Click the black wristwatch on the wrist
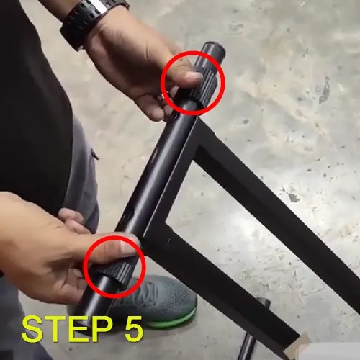click(92, 19)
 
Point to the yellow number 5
click(129, 328)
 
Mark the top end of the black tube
click(213, 50)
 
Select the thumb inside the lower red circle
click(108, 251)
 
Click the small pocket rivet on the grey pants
click(94, 153)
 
